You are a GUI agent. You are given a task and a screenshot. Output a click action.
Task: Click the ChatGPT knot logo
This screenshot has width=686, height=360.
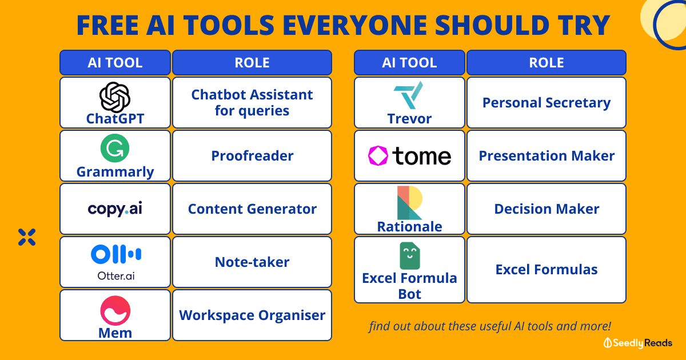click(115, 97)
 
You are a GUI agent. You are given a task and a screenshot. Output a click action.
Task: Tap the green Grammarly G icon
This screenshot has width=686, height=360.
click(115, 148)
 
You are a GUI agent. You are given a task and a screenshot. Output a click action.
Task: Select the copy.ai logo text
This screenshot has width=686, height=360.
click(115, 209)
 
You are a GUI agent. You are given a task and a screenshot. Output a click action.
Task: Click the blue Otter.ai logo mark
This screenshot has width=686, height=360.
click(115, 254)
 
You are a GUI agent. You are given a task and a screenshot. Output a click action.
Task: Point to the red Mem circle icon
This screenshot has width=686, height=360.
click(115, 310)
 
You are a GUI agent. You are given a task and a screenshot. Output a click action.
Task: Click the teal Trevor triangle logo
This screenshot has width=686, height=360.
click(409, 95)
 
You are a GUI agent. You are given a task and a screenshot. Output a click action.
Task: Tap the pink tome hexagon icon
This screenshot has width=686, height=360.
click(378, 156)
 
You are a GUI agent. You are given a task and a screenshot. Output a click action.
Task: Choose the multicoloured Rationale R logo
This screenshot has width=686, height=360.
click(409, 203)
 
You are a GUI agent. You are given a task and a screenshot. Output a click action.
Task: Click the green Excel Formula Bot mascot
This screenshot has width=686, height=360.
click(410, 256)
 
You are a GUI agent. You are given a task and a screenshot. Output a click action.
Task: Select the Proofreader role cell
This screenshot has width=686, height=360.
click(252, 156)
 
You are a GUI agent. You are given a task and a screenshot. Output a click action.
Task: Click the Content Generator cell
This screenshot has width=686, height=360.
click(252, 209)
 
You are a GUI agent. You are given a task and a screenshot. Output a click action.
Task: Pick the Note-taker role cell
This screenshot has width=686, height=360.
click(252, 262)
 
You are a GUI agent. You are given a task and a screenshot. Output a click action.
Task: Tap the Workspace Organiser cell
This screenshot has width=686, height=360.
click(252, 315)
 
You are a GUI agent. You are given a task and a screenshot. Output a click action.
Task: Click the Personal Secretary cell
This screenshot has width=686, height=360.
click(547, 102)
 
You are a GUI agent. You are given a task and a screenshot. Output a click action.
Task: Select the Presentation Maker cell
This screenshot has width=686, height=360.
click(547, 156)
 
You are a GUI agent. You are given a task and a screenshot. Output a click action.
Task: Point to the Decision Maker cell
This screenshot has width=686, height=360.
click(547, 209)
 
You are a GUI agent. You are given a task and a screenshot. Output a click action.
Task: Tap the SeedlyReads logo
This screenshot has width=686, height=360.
click(637, 343)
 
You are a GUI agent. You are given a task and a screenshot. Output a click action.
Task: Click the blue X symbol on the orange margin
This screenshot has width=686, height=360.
click(27, 237)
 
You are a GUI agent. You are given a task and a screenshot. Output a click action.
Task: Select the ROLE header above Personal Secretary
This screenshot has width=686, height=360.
click(547, 62)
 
